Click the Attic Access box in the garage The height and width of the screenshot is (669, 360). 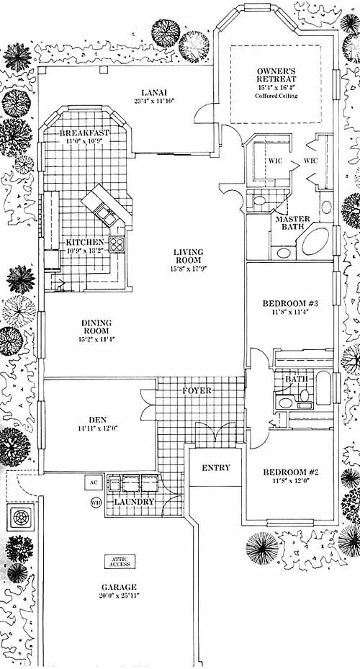[x=120, y=561]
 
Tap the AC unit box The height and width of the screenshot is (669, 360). [x=94, y=482]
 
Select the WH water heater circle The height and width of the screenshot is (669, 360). [x=96, y=503]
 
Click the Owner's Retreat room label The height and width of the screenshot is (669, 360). [x=276, y=75]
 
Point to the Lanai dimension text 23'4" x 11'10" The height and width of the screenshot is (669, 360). [x=154, y=101]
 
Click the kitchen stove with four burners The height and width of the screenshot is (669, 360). [x=117, y=244]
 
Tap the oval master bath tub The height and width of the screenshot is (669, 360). [x=316, y=241]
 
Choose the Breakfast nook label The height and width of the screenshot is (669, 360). [x=84, y=133]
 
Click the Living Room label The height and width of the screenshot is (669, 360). [x=188, y=256]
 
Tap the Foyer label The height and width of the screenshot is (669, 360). [x=197, y=390]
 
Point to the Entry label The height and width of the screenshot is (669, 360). [x=216, y=467]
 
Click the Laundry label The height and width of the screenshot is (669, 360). [x=133, y=502]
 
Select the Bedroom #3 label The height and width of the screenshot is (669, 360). [x=290, y=304]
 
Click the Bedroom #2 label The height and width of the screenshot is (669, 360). [x=291, y=472]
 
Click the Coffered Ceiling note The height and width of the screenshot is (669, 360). [x=276, y=96]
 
